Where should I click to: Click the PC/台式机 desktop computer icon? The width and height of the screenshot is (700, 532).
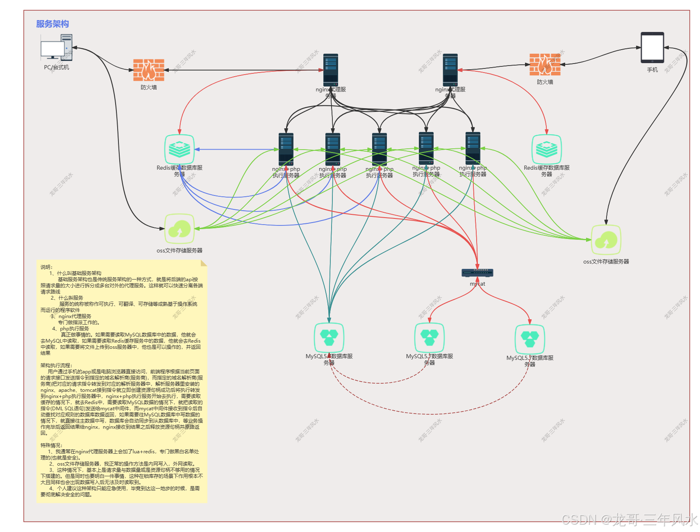pyautogui.click(x=57, y=48)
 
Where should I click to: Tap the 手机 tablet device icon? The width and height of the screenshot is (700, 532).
pyautogui.click(x=652, y=48)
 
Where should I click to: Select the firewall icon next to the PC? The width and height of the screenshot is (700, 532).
pyautogui.click(x=149, y=70)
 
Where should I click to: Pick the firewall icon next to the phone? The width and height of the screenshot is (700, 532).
pyautogui.click(x=545, y=64)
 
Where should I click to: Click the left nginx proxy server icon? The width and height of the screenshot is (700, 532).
pyautogui.click(x=331, y=70)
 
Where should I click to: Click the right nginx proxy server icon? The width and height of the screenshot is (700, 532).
pyautogui.click(x=450, y=70)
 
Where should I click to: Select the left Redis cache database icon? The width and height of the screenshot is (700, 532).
pyautogui.click(x=180, y=149)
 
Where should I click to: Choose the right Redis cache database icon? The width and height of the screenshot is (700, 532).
pyautogui.click(x=546, y=149)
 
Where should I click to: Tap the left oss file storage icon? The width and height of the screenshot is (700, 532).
pyautogui.click(x=180, y=229)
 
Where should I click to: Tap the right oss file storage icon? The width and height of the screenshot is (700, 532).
pyautogui.click(x=606, y=240)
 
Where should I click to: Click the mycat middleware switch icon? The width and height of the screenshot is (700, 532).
pyautogui.click(x=477, y=273)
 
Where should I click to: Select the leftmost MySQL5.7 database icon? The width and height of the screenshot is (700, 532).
pyautogui.click(x=329, y=338)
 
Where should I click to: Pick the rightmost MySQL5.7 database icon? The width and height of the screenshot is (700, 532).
pyautogui.click(x=530, y=339)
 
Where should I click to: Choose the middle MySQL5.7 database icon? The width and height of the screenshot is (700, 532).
pyautogui.click(x=430, y=338)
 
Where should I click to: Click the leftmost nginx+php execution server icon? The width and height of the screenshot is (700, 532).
pyautogui.click(x=286, y=149)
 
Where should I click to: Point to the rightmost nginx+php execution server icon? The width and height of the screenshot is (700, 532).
pyautogui.click(x=473, y=148)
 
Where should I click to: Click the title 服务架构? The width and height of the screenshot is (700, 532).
pyautogui.click(x=52, y=24)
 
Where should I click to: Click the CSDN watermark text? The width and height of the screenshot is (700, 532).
pyautogui.click(x=629, y=519)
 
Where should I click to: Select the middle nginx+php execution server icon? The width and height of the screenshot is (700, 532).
pyautogui.click(x=380, y=149)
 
